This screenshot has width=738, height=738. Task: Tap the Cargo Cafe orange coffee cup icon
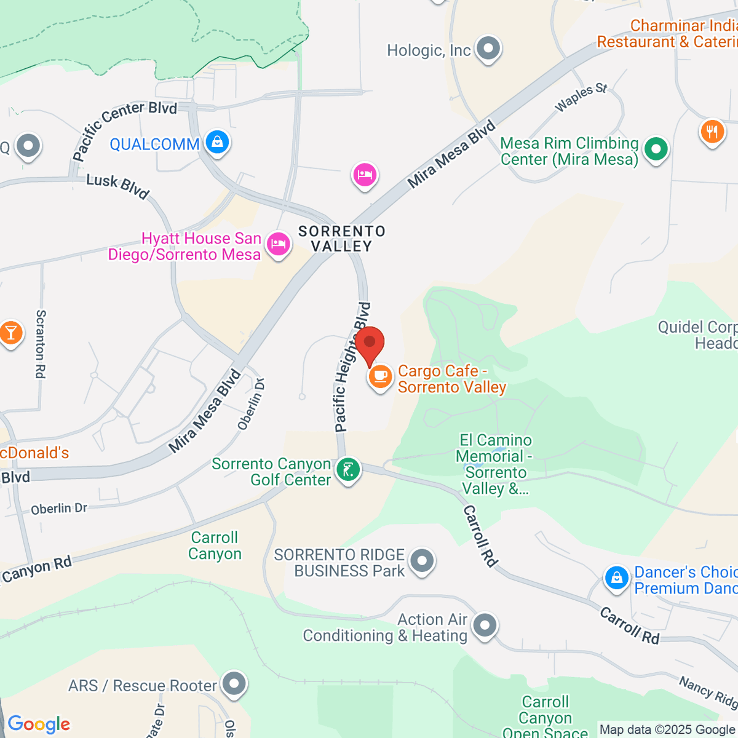click(x=380, y=376)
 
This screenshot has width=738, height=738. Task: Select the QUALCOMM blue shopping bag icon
click(x=216, y=143)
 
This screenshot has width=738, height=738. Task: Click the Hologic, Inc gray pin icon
click(x=489, y=49)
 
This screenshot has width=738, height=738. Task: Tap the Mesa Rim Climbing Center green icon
click(x=656, y=149)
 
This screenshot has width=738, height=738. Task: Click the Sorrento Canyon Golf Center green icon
click(x=347, y=470)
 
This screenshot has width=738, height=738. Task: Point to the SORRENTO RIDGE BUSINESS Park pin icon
click(x=422, y=561)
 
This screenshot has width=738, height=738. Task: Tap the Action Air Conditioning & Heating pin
click(x=485, y=625)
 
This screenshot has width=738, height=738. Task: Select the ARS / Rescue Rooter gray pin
click(x=234, y=684)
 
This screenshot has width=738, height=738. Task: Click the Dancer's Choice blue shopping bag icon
click(x=616, y=578)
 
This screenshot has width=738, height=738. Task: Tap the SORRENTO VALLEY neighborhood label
click(x=342, y=239)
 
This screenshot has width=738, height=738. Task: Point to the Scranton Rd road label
click(x=41, y=344)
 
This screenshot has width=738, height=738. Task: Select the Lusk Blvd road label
click(x=117, y=186)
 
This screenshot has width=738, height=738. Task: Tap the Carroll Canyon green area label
click(x=215, y=546)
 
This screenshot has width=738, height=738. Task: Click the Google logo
click(x=39, y=724)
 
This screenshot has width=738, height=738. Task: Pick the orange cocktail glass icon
click(x=10, y=333)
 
